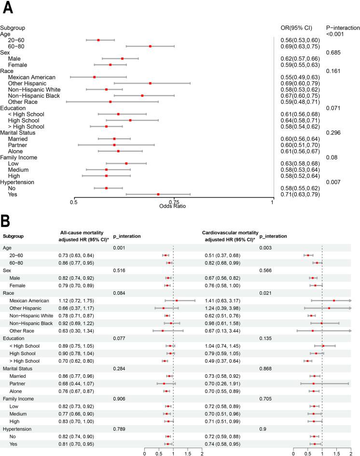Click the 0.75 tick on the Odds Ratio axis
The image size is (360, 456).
(174, 202)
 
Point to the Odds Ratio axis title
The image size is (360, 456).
(173, 207)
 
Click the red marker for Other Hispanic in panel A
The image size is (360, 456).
(150, 83)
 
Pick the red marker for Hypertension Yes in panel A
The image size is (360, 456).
(158, 194)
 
